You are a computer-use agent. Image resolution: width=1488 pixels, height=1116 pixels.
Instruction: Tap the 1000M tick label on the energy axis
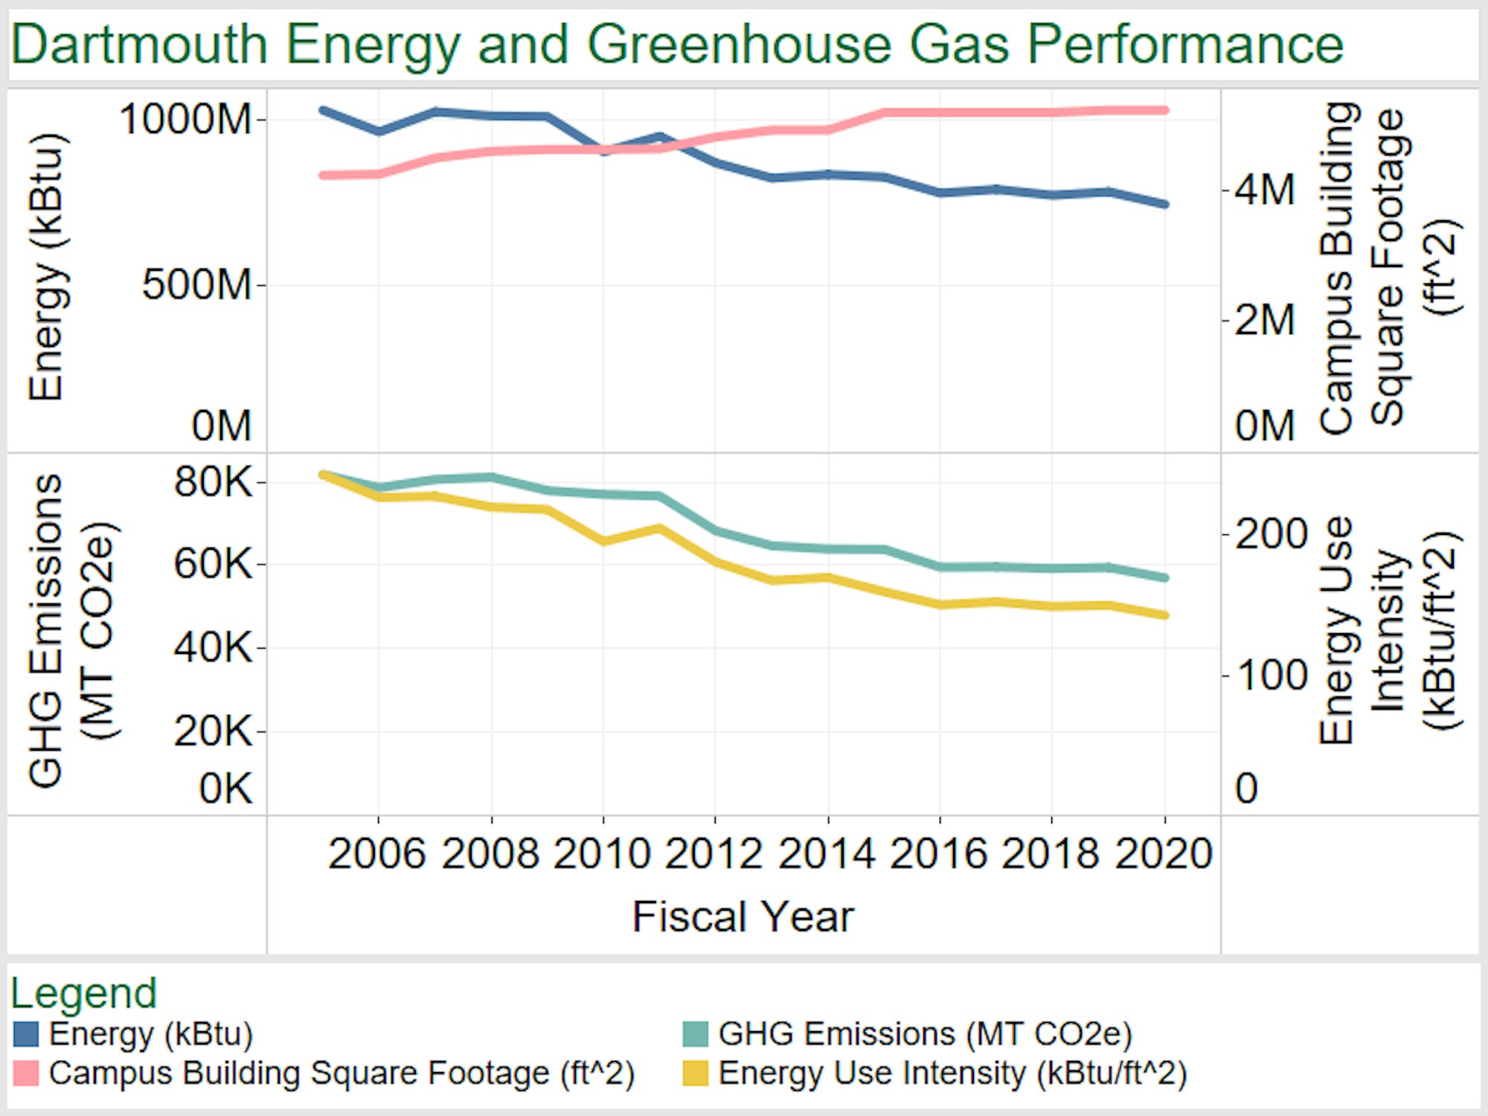(186, 119)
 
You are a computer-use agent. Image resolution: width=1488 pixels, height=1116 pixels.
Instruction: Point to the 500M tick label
(197, 284)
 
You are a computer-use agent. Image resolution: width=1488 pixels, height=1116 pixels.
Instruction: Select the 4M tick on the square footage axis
(1265, 190)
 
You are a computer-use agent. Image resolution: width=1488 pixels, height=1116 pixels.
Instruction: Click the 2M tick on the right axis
(1265, 321)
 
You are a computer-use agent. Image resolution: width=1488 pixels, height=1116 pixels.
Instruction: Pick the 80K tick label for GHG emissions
(214, 482)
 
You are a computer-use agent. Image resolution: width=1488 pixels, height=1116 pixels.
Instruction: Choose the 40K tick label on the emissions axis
(214, 647)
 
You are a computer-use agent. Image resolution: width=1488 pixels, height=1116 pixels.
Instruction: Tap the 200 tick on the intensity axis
(1271, 534)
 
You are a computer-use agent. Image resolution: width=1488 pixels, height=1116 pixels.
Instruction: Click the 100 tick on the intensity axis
(1271, 676)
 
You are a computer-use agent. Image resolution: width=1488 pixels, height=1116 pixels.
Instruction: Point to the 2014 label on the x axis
(827, 853)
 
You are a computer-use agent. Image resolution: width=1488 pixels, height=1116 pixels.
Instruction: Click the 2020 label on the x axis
(1164, 853)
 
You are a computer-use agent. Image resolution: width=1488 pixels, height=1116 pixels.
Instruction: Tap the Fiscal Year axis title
(743, 917)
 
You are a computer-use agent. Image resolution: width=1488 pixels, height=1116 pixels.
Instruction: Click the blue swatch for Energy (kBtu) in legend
(26, 1034)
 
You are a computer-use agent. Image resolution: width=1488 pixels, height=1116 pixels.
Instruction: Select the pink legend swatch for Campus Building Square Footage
(26, 1074)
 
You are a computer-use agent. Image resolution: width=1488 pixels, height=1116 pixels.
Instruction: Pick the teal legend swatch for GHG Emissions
(696, 1034)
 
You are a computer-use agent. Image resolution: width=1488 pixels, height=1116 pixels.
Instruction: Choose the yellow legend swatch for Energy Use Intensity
(696, 1074)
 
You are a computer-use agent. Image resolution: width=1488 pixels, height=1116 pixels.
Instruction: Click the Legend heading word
(83, 993)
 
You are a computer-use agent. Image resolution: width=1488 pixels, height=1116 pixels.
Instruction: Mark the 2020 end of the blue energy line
(1165, 204)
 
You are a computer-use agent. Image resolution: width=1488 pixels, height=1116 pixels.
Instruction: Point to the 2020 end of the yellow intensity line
(1165, 615)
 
